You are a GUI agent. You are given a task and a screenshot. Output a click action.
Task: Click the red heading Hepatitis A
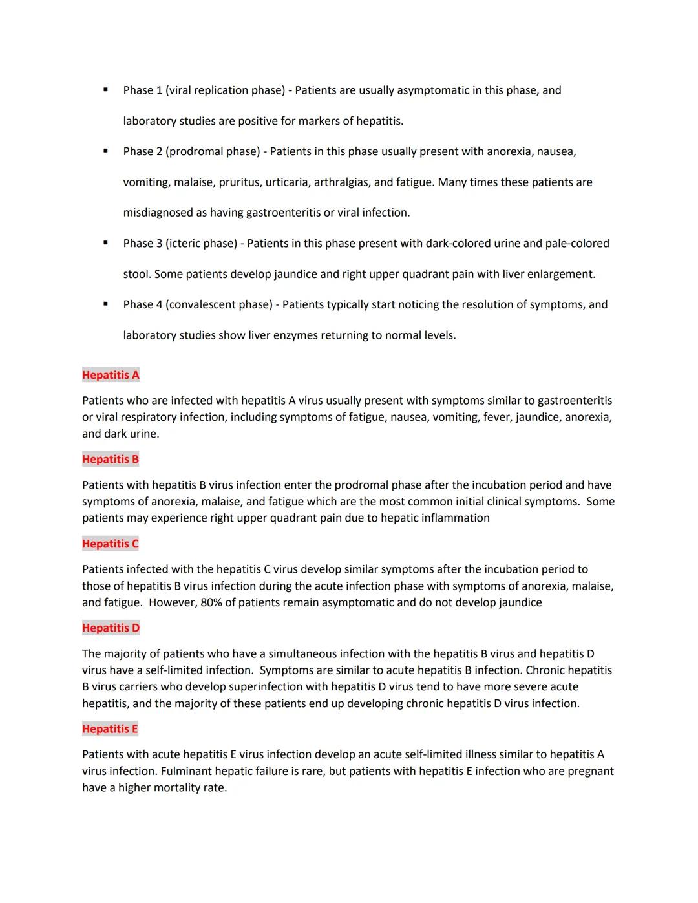click(x=111, y=375)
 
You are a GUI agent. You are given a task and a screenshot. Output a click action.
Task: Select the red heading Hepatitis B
click(x=111, y=459)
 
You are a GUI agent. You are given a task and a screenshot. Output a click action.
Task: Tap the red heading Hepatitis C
click(x=111, y=544)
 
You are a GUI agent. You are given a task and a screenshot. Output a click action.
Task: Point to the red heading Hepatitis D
click(x=111, y=628)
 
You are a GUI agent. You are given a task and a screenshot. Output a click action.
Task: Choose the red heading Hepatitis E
click(x=110, y=728)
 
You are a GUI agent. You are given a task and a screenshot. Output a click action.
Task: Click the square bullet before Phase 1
click(x=105, y=89)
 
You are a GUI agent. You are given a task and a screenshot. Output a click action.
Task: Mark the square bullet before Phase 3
click(x=105, y=242)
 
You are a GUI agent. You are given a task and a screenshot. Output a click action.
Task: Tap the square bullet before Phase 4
click(x=105, y=304)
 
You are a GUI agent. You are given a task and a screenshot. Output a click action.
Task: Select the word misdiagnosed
click(x=158, y=213)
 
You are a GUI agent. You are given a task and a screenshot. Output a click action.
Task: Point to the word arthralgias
click(x=342, y=182)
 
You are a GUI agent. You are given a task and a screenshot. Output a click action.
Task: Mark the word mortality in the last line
click(x=177, y=788)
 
